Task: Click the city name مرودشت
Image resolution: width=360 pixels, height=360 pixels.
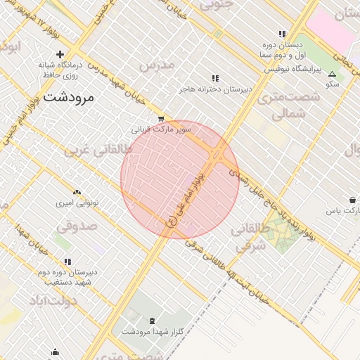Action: pos(67,97)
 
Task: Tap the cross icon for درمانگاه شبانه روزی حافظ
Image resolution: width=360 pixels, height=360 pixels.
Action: pos(60,54)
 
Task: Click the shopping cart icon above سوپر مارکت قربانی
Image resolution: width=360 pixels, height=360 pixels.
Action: pos(161,119)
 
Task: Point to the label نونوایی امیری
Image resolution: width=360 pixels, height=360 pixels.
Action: pos(77,202)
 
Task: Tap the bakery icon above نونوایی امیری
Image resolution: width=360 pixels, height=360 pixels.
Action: pos(77,192)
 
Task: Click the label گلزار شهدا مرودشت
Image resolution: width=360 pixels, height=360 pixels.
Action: pos(153,331)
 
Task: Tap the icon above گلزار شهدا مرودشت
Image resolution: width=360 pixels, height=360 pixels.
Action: pos(153,321)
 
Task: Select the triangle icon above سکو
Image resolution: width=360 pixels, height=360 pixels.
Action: pos(332,73)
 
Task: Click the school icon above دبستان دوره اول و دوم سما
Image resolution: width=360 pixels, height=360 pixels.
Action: pos(282,34)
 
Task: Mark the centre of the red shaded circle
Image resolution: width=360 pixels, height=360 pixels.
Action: pos(180,179)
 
